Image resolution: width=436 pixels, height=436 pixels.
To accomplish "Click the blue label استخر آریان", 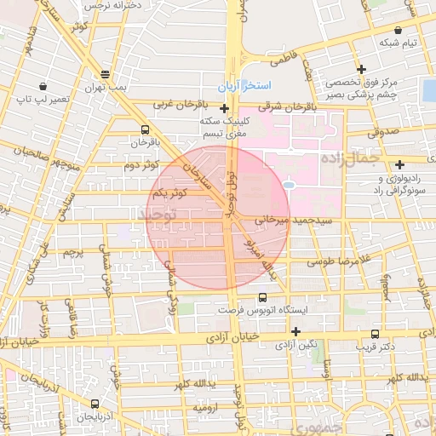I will coord(244,88).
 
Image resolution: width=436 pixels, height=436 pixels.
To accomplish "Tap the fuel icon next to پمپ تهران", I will coord(105,74).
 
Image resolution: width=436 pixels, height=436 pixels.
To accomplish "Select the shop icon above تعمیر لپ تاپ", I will coord(43,86).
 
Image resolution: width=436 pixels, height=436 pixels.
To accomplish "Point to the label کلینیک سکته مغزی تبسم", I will coord(224,127).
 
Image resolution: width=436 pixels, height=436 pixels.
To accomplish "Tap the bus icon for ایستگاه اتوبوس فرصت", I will coord(261,297).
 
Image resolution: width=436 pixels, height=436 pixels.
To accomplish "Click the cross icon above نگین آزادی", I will coord(295,331).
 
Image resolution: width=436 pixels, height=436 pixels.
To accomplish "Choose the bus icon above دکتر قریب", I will coord(376,335).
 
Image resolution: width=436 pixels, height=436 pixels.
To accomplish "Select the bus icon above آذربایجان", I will coord(94,404).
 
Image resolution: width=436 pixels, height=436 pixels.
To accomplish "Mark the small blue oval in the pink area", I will coord(288,184).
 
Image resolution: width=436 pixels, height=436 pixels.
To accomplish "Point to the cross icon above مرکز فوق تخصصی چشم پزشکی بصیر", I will coord(362,69).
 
